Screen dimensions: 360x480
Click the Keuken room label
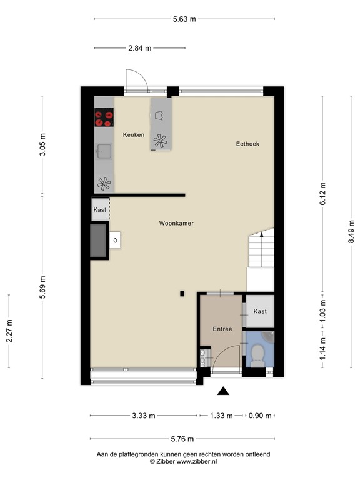(x=134, y=135)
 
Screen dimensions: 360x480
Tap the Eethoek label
(x=247, y=144)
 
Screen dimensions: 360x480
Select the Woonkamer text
(x=176, y=224)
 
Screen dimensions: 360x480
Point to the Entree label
(x=222, y=329)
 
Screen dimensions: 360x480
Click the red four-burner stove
(x=104, y=117)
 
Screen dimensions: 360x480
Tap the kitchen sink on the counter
(x=104, y=151)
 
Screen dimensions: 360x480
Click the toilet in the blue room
(x=257, y=355)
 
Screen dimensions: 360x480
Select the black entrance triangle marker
(x=223, y=391)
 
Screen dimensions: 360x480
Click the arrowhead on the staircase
(x=261, y=234)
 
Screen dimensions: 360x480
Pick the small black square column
(x=182, y=294)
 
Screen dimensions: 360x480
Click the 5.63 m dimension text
(x=184, y=19)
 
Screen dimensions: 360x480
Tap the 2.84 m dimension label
(x=140, y=48)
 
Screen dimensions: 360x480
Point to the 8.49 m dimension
(x=351, y=232)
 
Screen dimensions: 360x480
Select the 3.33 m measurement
(x=144, y=416)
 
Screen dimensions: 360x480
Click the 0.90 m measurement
(x=260, y=416)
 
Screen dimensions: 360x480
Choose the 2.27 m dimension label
(x=9, y=331)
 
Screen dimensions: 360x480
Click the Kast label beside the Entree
(x=260, y=311)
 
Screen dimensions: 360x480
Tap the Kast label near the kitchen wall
(x=100, y=210)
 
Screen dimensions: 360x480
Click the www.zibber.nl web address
(x=197, y=462)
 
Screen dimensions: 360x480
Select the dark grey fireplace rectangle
(x=98, y=241)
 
